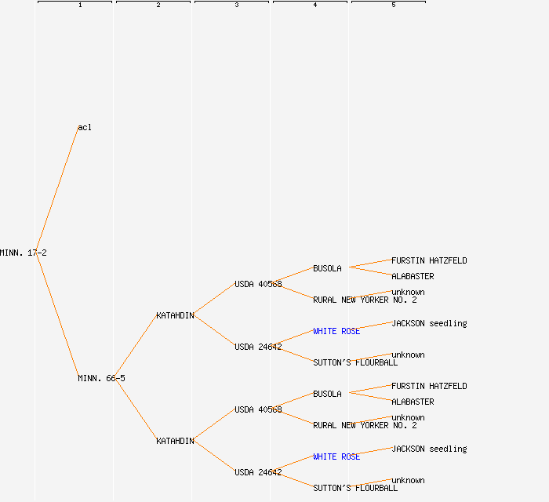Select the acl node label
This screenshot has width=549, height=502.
click(85, 127)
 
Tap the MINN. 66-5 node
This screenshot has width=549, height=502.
click(101, 378)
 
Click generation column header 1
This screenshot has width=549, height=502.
click(80, 5)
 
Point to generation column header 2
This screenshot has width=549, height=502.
click(158, 5)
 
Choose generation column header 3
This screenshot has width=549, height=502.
click(237, 5)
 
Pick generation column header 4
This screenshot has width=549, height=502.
click(315, 5)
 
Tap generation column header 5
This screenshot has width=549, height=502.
click(394, 5)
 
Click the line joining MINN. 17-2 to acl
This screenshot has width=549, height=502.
click(56, 190)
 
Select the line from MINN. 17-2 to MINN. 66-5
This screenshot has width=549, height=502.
click(56, 315)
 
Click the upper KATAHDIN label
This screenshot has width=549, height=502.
click(175, 315)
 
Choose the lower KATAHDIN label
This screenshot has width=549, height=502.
click(175, 441)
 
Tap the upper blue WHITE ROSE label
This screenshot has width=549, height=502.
click(336, 331)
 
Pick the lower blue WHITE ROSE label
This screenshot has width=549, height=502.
click(336, 457)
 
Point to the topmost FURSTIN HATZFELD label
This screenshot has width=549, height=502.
click(429, 260)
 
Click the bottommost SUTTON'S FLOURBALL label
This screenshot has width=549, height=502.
click(355, 488)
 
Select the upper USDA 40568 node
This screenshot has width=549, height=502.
click(258, 284)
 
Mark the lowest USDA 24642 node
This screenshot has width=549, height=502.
click(258, 472)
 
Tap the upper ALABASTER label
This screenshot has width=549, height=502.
click(413, 276)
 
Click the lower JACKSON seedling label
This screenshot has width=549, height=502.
click(429, 449)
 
